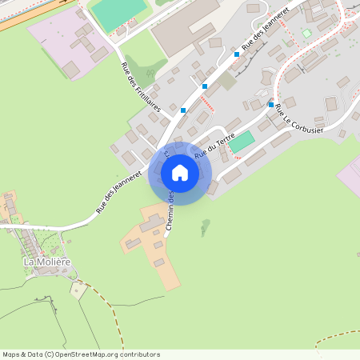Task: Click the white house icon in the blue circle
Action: click(x=180, y=173)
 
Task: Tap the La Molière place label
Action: click(x=47, y=262)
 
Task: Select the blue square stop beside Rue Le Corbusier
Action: click(x=271, y=105)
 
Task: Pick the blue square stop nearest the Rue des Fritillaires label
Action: click(x=183, y=110)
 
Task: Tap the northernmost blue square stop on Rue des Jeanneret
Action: click(x=237, y=55)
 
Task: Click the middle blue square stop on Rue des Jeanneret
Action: click(x=206, y=86)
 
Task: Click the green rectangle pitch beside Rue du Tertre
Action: click(x=242, y=141)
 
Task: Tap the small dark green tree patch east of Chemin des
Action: click(x=206, y=226)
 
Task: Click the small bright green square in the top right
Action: click(x=306, y=34)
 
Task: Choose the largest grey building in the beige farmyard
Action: click(x=152, y=225)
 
